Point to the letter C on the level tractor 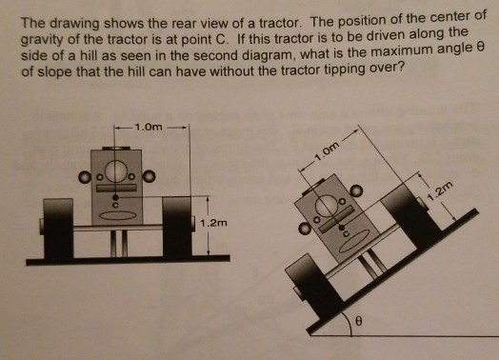click(118, 203)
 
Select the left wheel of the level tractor click(59, 228)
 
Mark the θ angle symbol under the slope click(358, 324)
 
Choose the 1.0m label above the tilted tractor click(325, 150)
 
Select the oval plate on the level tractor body click(119, 215)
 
